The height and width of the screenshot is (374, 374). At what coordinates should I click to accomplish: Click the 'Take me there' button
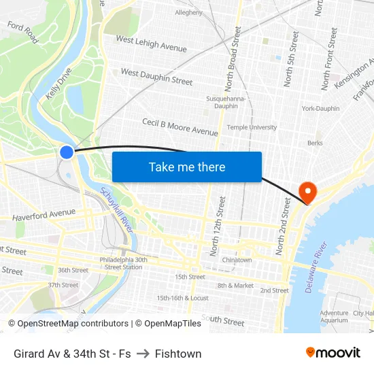pos(187,167)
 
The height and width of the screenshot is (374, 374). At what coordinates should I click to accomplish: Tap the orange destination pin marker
pos(308,192)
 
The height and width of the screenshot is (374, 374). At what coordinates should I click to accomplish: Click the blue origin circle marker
pos(67,152)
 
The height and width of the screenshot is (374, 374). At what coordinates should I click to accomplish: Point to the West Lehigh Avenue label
pos(151,44)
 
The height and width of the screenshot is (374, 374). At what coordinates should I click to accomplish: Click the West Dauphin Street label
pos(156,76)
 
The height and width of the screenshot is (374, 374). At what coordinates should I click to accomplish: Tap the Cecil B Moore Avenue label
pos(180,126)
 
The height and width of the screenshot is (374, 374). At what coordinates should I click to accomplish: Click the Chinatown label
pos(237,260)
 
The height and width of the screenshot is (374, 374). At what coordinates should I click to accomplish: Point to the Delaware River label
pos(317,267)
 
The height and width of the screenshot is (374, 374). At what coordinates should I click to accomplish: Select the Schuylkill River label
pos(117,211)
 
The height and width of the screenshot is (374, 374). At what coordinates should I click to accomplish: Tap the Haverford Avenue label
pos(44,215)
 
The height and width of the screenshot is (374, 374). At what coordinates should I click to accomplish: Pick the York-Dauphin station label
pos(320,108)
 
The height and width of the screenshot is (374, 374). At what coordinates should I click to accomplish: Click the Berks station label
pos(315,143)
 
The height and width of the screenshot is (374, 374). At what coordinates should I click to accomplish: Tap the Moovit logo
pos(333,353)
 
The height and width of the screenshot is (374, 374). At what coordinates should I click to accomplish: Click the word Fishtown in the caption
pos(178,354)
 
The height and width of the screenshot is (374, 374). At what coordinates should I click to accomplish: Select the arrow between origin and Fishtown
pos(143,354)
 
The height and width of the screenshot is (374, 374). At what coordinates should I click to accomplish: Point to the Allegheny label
pos(188,12)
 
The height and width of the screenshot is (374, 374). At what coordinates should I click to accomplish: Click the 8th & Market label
pos(235,286)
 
